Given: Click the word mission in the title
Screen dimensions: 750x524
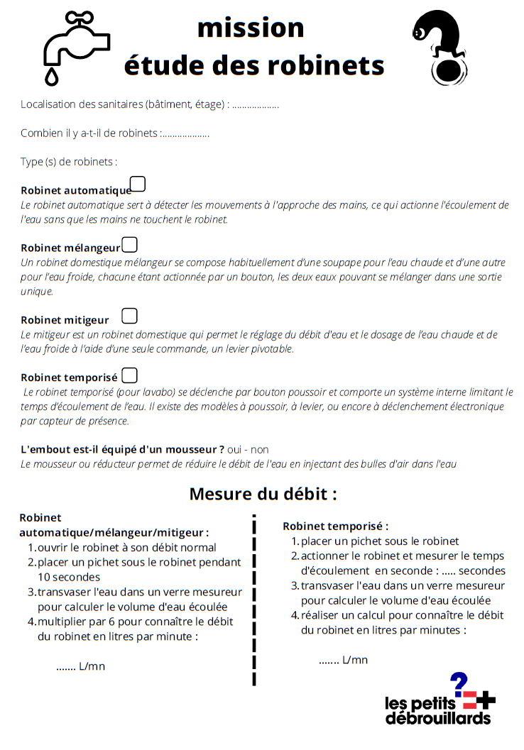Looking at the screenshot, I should pyautogui.click(x=251, y=28).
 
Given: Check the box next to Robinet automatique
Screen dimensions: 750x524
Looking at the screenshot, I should pyautogui.click(x=138, y=184).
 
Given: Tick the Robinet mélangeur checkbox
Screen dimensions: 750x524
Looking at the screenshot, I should pyautogui.click(x=130, y=245).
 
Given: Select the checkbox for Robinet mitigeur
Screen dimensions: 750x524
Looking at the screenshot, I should pyautogui.click(x=130, y=316).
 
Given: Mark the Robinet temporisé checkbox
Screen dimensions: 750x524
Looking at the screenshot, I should pyautogui.click(x=130, y=375).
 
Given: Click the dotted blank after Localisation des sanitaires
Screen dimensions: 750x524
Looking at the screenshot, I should pyautogui.click(x=256, y=106).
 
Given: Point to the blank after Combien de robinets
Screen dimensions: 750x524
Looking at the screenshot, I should pyautogui.click(x=186, y=134).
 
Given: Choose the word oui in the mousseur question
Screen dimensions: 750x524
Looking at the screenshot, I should pyautogui.click(x=235, y=450).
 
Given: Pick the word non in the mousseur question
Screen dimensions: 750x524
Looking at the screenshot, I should pyautogui.click(x=260, y=450).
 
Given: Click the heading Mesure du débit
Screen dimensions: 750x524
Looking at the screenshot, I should pyautogui.click(x=263, y=494).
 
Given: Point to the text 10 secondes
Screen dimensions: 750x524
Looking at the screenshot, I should pyautogui.click(x=66, y=577).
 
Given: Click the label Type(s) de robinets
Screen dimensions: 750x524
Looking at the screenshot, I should pyautogui.click(x=69, y=162).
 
